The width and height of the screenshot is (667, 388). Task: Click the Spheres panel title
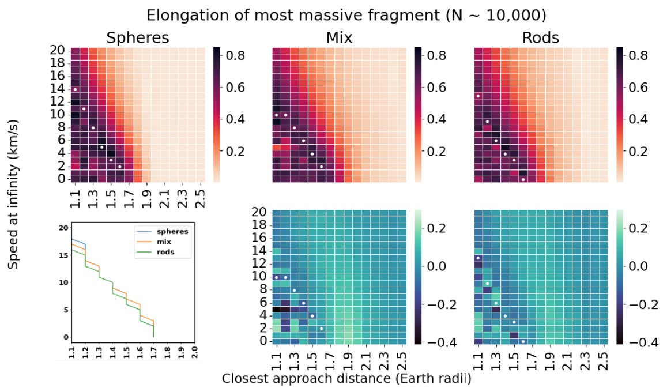click(137, 38)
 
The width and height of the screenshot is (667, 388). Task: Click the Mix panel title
click(338, 38)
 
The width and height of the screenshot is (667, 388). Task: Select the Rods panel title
click(540, 38)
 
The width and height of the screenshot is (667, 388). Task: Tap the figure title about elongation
click(333, 14)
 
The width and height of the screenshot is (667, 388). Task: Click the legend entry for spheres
click(174, 232)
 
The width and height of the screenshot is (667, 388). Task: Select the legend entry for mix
click(168, 242)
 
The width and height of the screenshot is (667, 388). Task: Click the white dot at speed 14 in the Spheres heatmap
click(75, 89)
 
